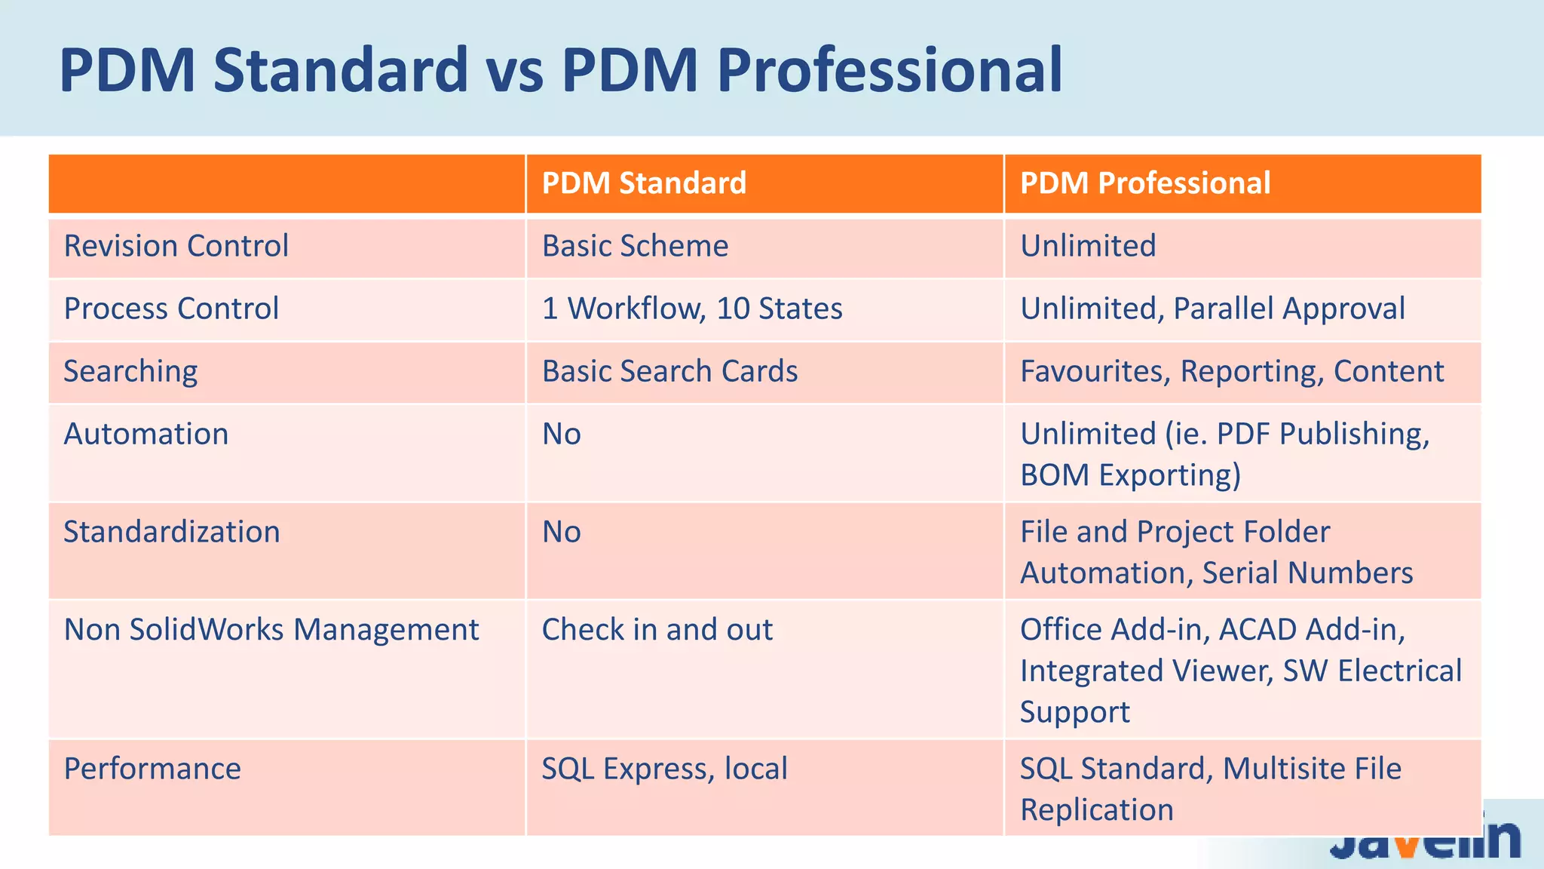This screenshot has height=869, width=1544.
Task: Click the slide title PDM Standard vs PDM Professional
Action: [560, 69]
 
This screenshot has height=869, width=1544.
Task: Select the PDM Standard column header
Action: [644, 183]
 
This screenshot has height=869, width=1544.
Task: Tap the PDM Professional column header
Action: [1144, 183]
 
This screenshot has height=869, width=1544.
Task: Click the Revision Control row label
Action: [176, 246]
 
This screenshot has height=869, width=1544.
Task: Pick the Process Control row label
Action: [171, 309]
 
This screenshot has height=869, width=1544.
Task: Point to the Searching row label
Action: [130, 371]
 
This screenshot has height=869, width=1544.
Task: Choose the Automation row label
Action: [146, 434]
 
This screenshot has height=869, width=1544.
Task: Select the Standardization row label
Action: [171, 532]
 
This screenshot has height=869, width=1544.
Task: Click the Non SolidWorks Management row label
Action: [271, 629]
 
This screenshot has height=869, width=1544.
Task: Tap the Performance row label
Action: [152, 769]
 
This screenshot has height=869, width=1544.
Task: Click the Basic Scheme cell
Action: [635, 246]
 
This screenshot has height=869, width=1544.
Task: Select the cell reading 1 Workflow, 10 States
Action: [691, 309]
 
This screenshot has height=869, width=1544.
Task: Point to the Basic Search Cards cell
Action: [669, 371]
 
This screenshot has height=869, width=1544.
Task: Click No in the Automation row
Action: [562, 434]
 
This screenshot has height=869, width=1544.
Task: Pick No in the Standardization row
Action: [562, 532]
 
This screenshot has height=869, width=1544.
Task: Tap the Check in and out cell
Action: [657, 629]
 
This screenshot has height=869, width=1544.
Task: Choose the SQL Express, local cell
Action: [664, 769]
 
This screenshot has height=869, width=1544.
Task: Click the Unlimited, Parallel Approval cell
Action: [1212, 309]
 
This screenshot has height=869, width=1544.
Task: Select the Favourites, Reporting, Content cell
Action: [1231, 371]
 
